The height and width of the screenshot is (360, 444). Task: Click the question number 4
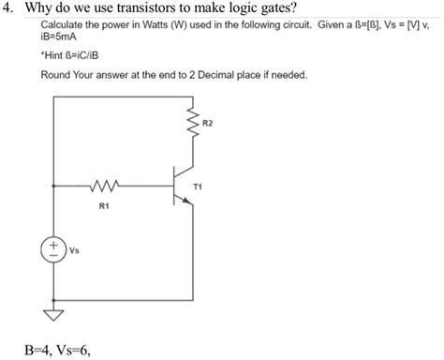[x=8, y=10]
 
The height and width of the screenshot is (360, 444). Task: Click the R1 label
[x=102, y=204]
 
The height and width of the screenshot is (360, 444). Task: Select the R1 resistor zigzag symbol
[x=104, y=187]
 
